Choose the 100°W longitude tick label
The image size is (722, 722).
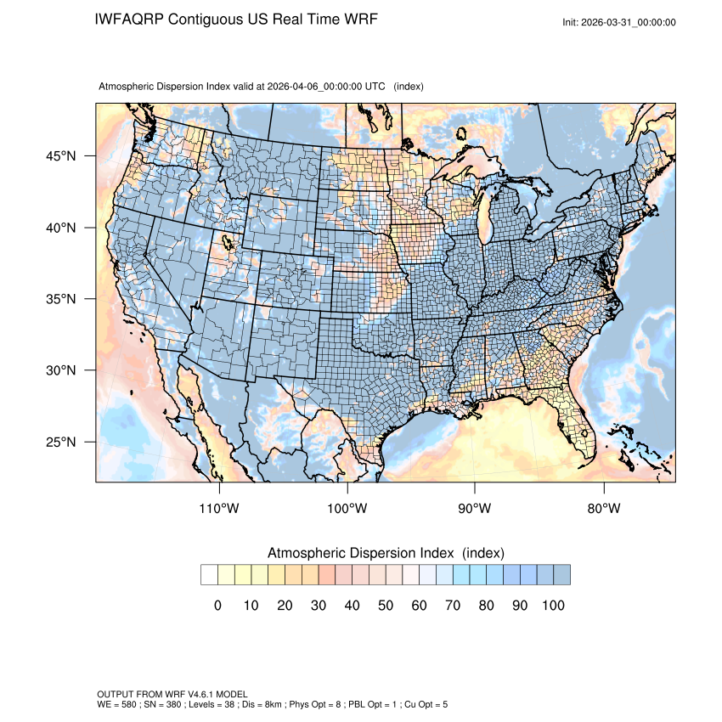click(347, 509)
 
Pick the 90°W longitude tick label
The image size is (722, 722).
click(475, 509)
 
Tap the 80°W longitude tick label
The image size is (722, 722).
click(603, 509)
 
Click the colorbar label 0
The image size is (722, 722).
click(217, 606)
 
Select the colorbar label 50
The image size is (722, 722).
click(386, 606)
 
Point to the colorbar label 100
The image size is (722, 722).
click(553, 606)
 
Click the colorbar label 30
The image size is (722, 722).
click(319, 606)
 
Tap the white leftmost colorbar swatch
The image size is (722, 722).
click(209, 575)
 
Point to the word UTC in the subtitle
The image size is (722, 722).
click(375, 87)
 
